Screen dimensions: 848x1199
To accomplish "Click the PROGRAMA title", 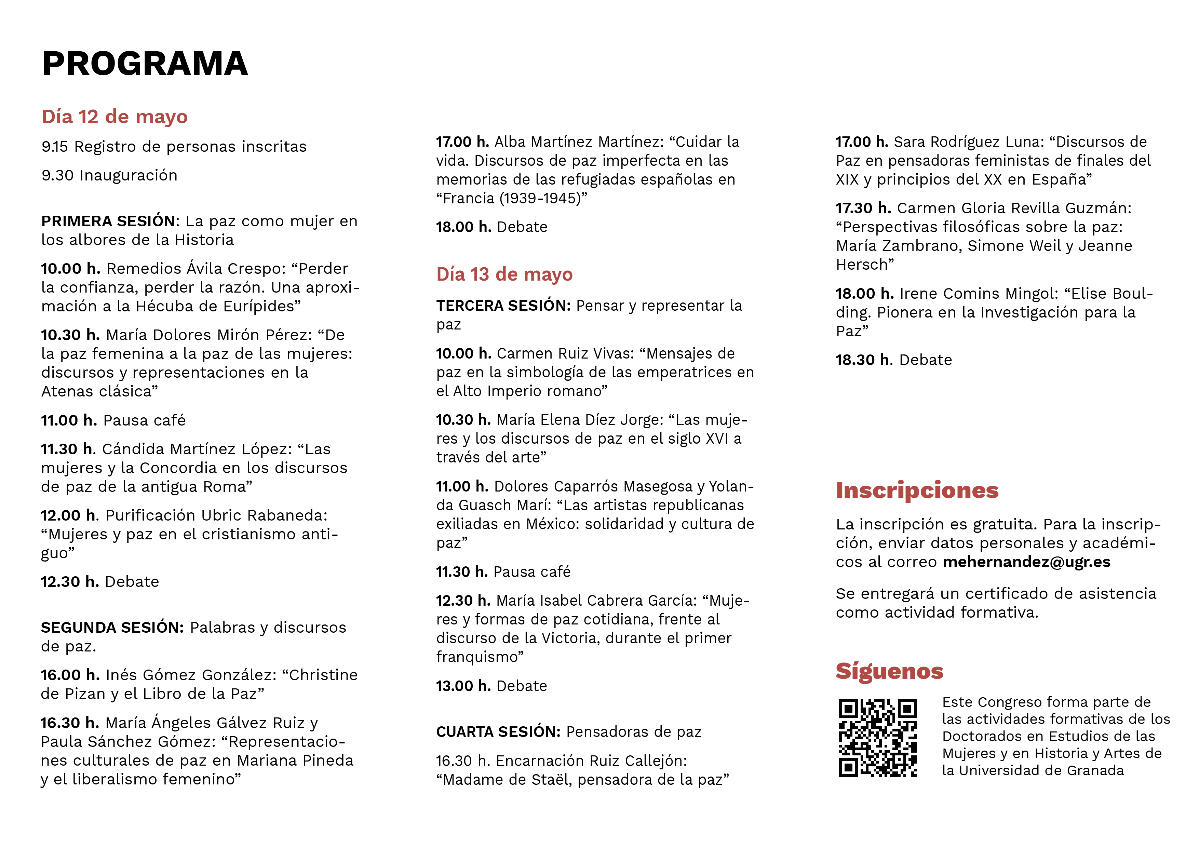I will [145, 64].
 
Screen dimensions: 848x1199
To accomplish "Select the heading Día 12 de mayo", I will [114, 117].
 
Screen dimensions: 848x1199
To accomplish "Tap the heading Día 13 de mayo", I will [504, 274].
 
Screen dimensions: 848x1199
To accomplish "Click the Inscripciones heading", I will [917, 490].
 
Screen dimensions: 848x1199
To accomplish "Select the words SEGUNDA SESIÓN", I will [112, 628].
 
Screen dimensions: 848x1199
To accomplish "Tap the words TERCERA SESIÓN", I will [503, 306].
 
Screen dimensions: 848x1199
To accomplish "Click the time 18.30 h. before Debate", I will [863, 360].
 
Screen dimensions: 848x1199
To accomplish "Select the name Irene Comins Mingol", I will [975, 294].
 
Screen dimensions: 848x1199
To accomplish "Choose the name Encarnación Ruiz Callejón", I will [591, 761].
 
